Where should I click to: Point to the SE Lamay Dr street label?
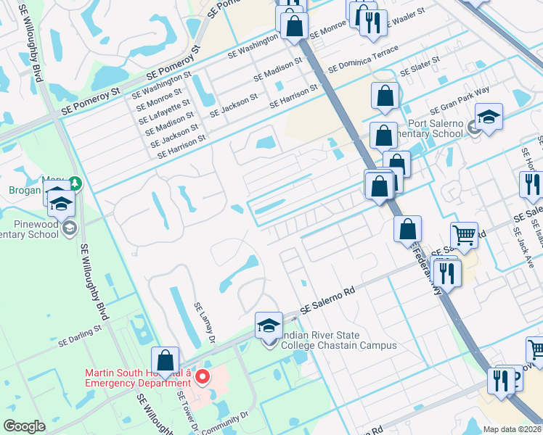pos(205,322)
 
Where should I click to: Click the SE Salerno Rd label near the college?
pos(327,299)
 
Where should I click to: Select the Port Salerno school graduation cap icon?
pos(489,117)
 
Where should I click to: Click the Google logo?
pos(25,426)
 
